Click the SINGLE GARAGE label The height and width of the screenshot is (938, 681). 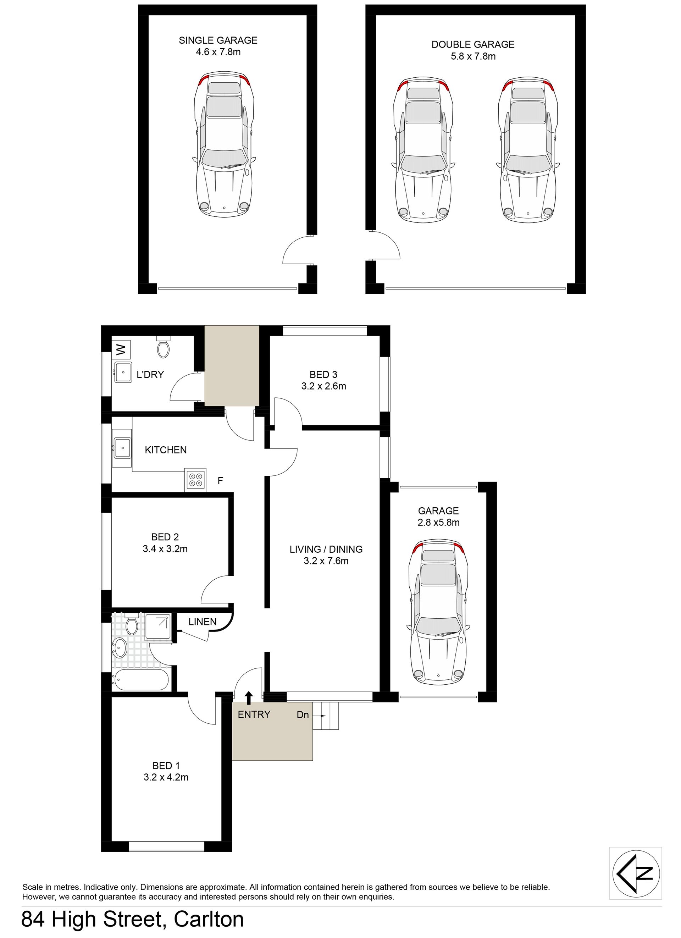click(218, 40)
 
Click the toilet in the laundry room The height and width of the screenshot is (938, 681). click(164, 347)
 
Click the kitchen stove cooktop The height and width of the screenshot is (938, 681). click(195, 479)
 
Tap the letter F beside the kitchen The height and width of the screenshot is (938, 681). click(220, 481)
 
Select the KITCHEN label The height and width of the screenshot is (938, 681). click(165, 450)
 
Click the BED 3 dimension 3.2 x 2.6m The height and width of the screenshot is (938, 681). click(324, 386)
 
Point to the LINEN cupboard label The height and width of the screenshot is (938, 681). click(202, 622)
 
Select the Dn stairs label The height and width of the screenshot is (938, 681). click(303, 714)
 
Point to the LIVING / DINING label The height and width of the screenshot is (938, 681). click(326, 549)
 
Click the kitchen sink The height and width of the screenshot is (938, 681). click(122, 447)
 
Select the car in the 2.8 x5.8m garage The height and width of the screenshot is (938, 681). click(438, 612)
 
